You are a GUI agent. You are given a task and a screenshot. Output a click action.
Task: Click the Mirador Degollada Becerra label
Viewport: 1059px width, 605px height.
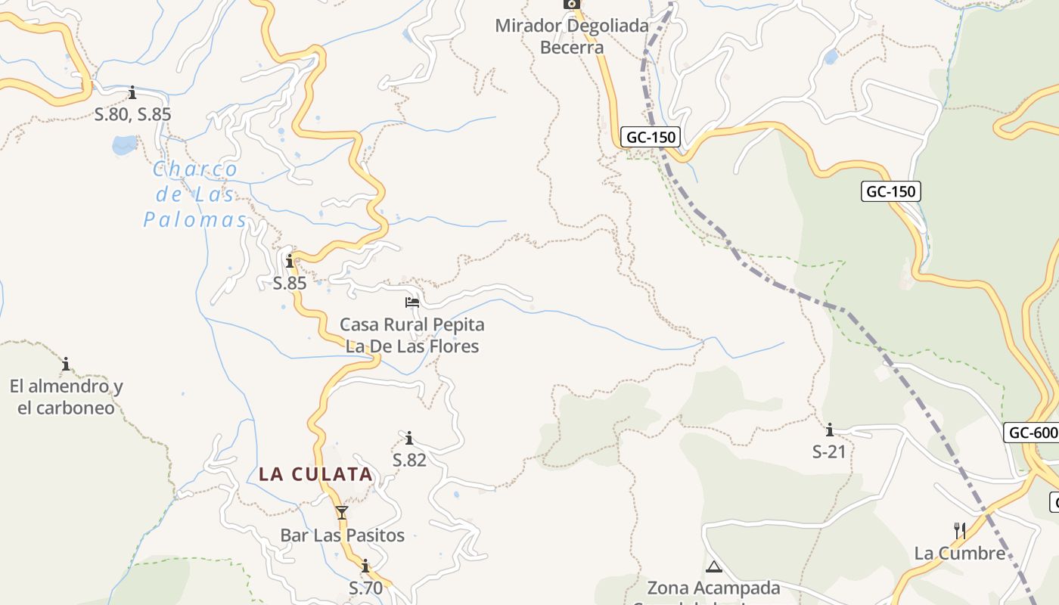572,36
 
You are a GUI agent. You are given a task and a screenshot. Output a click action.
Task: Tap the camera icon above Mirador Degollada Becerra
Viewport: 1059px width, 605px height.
572,4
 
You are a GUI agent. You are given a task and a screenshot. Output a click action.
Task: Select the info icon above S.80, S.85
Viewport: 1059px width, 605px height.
133,93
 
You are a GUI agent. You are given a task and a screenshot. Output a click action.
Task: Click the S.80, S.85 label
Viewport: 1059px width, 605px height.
133,115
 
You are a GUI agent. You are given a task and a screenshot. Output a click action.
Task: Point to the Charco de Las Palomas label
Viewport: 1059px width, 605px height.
196,194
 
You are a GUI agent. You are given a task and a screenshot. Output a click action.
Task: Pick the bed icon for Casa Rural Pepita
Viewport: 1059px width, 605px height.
412,302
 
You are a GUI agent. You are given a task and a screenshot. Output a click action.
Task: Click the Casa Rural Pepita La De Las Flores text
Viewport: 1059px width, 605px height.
412,335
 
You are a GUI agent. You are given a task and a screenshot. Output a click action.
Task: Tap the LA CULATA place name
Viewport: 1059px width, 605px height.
315,474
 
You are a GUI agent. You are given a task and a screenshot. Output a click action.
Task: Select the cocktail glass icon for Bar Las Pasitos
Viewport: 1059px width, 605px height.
342,513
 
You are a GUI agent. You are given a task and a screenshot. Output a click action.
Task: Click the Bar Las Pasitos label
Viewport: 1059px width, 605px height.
342,535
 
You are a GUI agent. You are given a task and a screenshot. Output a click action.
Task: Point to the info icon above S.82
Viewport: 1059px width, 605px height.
409,438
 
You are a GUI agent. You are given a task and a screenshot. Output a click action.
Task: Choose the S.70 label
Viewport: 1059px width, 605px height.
366,588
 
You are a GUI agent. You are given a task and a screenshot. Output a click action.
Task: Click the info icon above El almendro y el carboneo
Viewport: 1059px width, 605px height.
66,364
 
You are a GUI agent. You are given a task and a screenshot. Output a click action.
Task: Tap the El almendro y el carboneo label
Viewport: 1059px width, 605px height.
66,397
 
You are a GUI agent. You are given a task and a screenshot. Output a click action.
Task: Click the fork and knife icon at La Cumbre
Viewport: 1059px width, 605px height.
960,530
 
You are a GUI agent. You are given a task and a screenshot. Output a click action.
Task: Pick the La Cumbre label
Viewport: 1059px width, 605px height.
959,554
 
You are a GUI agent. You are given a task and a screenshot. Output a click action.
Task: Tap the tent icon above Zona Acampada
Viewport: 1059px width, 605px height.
713,566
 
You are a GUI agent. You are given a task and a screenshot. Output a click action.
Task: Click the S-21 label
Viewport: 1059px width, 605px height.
829,452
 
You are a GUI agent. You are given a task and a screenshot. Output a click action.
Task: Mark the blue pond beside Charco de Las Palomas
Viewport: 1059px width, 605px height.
125,144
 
